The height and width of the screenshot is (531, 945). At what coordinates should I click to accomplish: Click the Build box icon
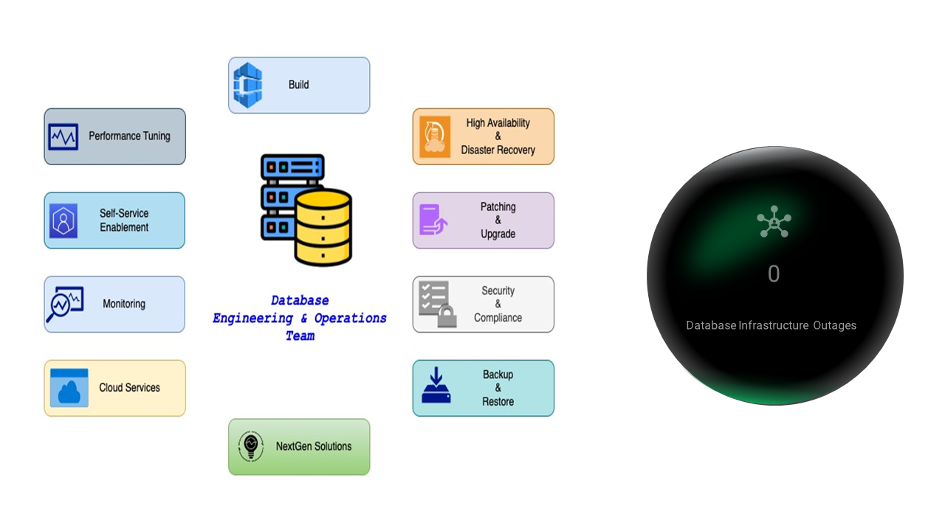tap(248, 86)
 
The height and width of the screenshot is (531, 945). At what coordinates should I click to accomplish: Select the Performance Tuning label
tap(129, 136)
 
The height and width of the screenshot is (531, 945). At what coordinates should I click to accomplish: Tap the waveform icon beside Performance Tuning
tap(63, 136)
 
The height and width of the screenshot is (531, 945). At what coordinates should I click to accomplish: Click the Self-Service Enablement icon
tap(63, 221)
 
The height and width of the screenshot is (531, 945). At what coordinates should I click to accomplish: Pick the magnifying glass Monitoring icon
tap(64, 305)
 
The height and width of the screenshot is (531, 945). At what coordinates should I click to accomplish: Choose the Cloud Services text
tap(129, 388)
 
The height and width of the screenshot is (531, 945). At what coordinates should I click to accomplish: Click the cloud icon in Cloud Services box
tap(69, 389)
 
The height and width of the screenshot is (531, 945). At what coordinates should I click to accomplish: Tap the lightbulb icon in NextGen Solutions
tap(251, 446)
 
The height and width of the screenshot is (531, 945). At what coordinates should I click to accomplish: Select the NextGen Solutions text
tap(314, 446)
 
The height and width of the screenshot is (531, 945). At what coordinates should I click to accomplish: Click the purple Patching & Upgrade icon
tap(433, 221)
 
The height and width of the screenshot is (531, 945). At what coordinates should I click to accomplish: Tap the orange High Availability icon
tap(435, 136)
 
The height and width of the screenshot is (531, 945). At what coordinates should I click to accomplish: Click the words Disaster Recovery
tap(498, 150)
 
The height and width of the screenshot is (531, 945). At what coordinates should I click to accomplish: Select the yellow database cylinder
tap(323, 227)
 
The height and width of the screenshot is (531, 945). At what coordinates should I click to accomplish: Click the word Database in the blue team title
tap(300, 301)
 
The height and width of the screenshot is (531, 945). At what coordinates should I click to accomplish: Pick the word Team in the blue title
tap(300, 336)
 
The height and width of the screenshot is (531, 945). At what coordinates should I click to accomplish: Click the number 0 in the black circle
tap(774, 274)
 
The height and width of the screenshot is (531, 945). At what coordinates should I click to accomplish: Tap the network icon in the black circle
tap(774, 222)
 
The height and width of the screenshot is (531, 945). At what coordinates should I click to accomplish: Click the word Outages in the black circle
tap(835, 325)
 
